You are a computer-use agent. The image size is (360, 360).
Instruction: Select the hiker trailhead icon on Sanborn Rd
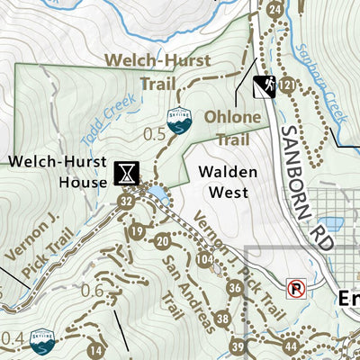264,86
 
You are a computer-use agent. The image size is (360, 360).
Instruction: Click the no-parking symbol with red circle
295,289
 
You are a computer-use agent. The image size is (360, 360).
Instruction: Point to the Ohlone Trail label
230,128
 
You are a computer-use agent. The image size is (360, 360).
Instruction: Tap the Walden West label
229,181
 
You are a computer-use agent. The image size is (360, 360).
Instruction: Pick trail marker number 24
274,10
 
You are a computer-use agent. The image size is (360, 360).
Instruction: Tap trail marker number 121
287,85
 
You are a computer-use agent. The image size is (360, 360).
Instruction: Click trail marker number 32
125,202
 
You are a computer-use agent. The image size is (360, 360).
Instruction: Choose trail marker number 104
206,260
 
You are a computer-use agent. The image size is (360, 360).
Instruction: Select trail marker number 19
137,232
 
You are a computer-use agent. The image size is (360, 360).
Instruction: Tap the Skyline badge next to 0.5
178,117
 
